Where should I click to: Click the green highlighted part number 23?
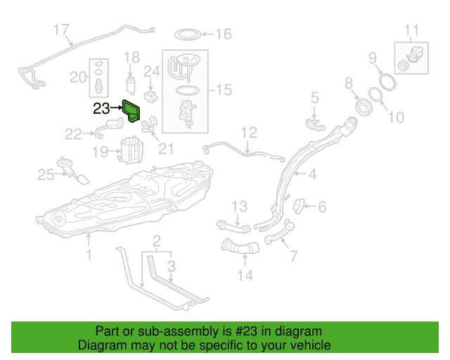click(131, 111)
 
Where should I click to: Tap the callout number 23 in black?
click(101, 108)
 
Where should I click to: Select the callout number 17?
click(61, 30)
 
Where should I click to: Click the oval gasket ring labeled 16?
click(188, 34)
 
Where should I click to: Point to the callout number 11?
click(412, 30)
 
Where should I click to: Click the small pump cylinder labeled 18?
click(131, 85)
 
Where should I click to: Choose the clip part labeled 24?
click(150, 96)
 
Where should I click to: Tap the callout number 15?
click(224, 90)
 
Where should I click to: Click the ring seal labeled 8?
click(364, 106)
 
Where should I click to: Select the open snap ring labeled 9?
click(387, 82)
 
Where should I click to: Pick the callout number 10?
click(396, 117)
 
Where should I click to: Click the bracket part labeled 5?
click(315, 124)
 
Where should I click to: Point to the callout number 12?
click(249, 133)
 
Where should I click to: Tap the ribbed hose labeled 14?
click(240, 247)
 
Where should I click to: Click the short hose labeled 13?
click(233, 226)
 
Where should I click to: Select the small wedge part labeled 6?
click(298, 206)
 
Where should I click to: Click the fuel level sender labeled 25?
click(73, 171)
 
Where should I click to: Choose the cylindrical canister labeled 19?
click(131, 150)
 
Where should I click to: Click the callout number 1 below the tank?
click(89, 255)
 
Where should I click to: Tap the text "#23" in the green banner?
click(246, 331)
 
